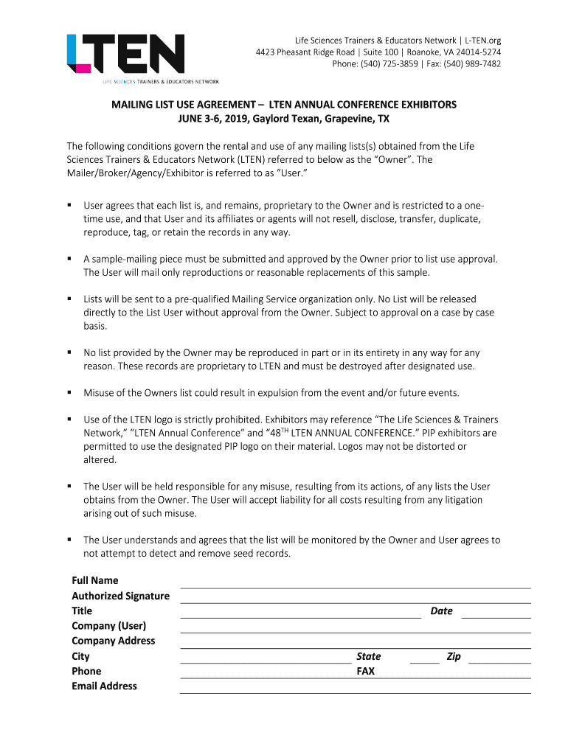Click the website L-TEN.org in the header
pos(482,40)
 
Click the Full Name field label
pos(94,580)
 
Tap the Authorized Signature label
pos(120,596)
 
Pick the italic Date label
pos(441,610)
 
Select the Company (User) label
pos(108,626)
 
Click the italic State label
pos(368,656)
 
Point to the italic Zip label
pos(454,656)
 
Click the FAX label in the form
pos(365,671)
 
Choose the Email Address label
pos(104,686)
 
